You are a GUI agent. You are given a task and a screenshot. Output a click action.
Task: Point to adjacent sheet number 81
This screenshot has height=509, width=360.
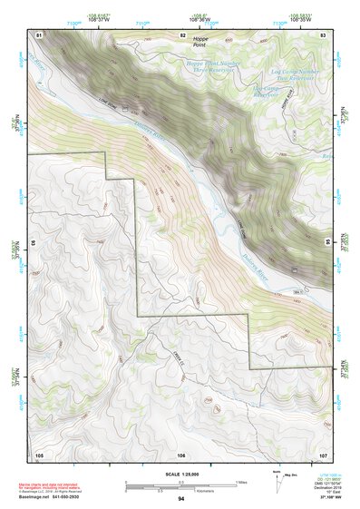click(x=39, y=34)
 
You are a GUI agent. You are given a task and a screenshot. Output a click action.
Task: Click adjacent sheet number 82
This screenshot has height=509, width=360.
click(x=182, y=34)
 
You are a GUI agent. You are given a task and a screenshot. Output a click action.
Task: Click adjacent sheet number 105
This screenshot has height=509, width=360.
click(x=39, y=454)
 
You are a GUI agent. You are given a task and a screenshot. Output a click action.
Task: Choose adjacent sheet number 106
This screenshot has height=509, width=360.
click(x=181, y=454)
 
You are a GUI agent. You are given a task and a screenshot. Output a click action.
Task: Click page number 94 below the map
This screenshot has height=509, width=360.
click(x=181, y=499)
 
